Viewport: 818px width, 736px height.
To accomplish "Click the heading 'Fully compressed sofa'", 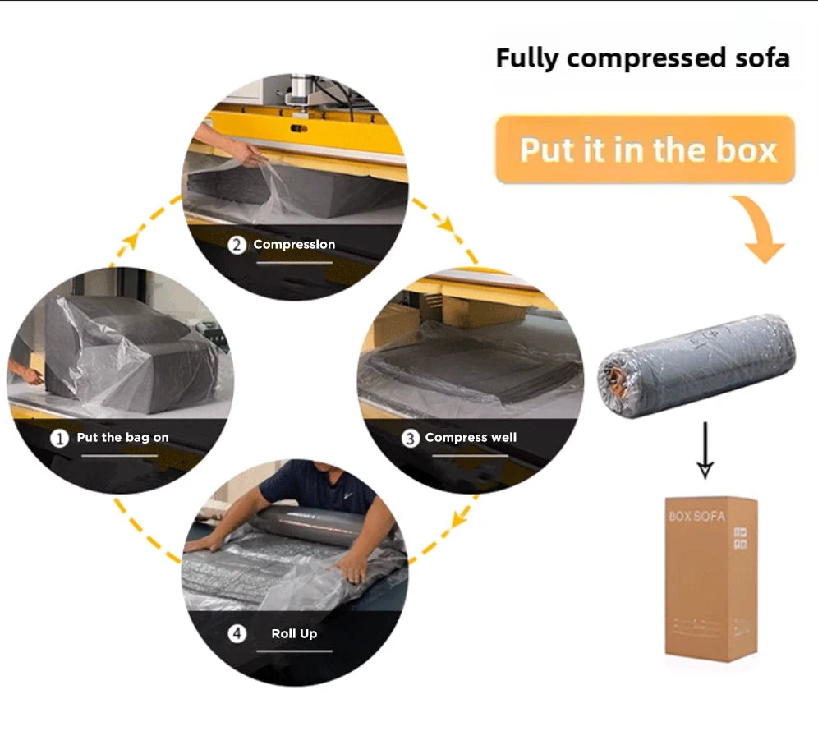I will [x=642, y=58].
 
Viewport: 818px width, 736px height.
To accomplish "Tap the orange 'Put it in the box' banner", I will [x=646, y=150].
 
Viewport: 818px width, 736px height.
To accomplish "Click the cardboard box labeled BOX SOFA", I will [x=710, y=575].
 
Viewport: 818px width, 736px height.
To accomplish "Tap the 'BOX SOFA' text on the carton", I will [x=696, y=517].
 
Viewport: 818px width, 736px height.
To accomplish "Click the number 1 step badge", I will [x=59, y=438].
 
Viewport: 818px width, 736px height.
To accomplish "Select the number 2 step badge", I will [x=237, y=245].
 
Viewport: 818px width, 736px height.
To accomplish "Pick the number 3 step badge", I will [x=410, y=438].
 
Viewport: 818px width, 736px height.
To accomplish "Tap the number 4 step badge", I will [x=237, y=634].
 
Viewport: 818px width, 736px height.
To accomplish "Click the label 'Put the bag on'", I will [x=122, y=438].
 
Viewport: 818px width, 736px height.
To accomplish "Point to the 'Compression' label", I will [x=294, y=245].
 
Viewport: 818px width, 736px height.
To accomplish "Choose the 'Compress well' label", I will [x=471, y=438].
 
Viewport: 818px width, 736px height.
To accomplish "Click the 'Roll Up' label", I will [x=294, y=634].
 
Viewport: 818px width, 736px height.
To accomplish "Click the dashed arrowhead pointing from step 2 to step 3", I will [x=448, y=224].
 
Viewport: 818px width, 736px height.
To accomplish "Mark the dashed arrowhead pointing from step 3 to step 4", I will [x=458, y=518].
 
